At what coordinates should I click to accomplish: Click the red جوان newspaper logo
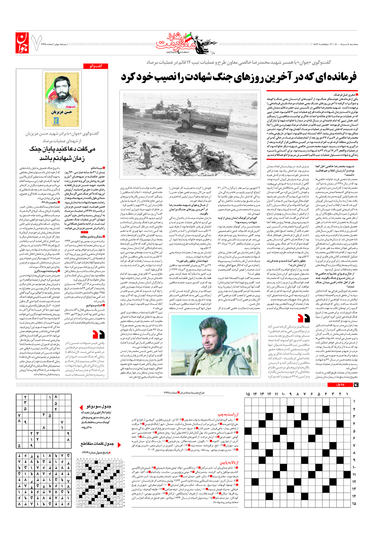tap(22, 42)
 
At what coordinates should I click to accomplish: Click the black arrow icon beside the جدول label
tap(355, 385)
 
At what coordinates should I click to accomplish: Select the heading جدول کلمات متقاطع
tap(97, 443)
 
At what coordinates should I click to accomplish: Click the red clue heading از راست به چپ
tap(228, 414)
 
